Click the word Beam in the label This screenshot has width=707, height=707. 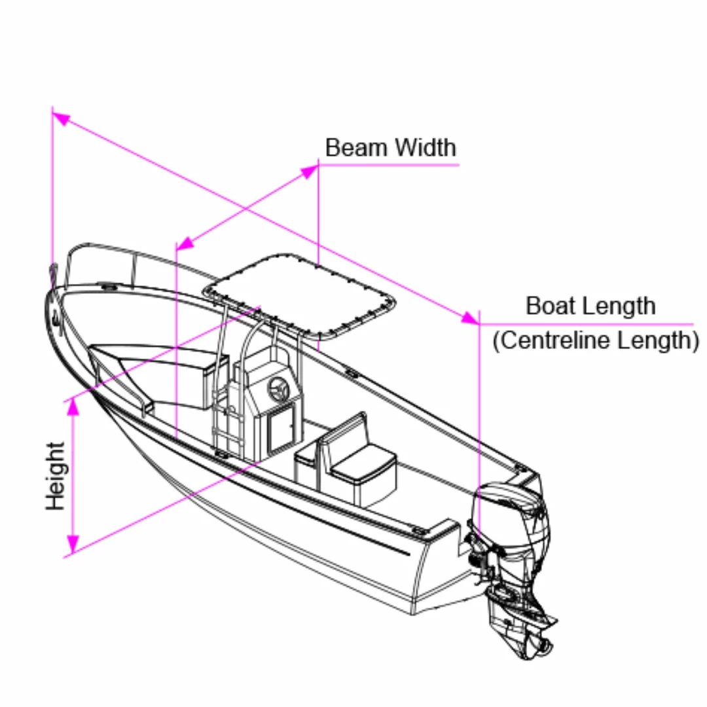click(x=355, y=147)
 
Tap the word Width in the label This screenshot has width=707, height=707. click(x=426, y=147)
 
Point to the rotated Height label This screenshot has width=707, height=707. click(x=56, y=476)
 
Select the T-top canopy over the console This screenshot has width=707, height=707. click(x=300, y=295)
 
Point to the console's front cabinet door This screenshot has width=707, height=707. click(x=281, y=428)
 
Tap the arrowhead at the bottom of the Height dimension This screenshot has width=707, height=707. click(x=73, y=544)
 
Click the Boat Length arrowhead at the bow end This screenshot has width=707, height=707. click(x=62, y=118)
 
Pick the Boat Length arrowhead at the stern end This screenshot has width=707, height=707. click(x=470, y=318)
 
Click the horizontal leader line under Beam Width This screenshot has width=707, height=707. click(x=389, y=165)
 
